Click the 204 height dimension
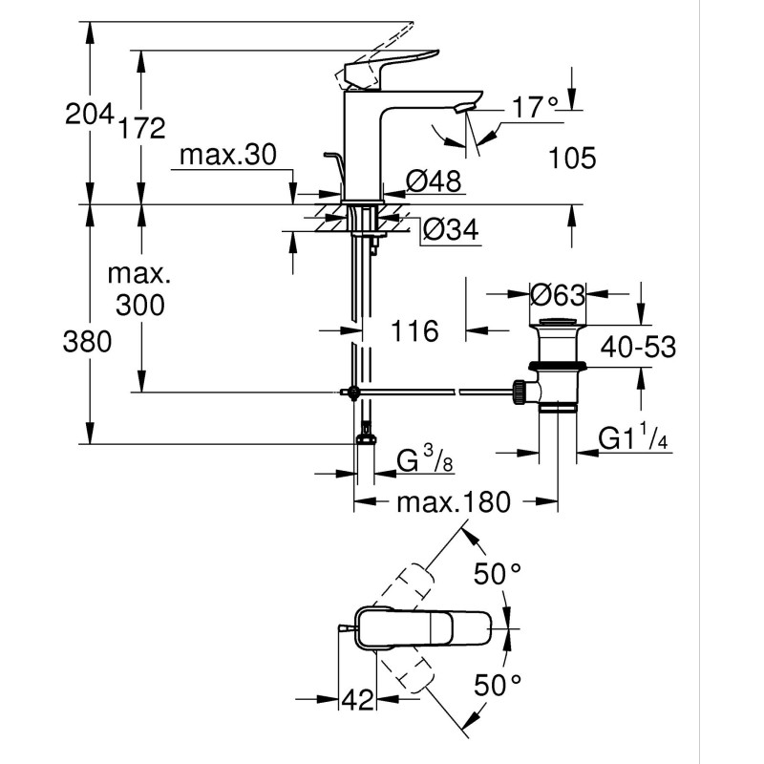88,115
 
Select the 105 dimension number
573,158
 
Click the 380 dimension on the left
87,341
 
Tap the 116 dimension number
414,331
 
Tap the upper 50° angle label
498,576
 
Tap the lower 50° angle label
498,684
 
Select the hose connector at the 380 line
364,438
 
